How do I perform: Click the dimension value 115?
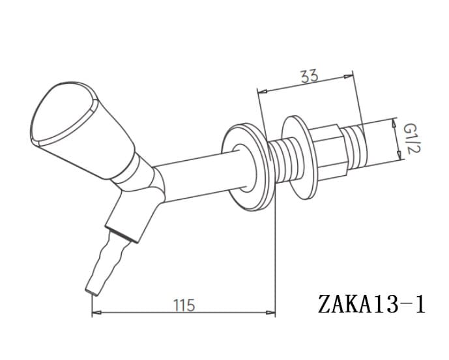184,305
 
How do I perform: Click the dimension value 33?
310,76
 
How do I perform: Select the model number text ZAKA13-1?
371,304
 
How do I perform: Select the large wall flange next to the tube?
248,167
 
